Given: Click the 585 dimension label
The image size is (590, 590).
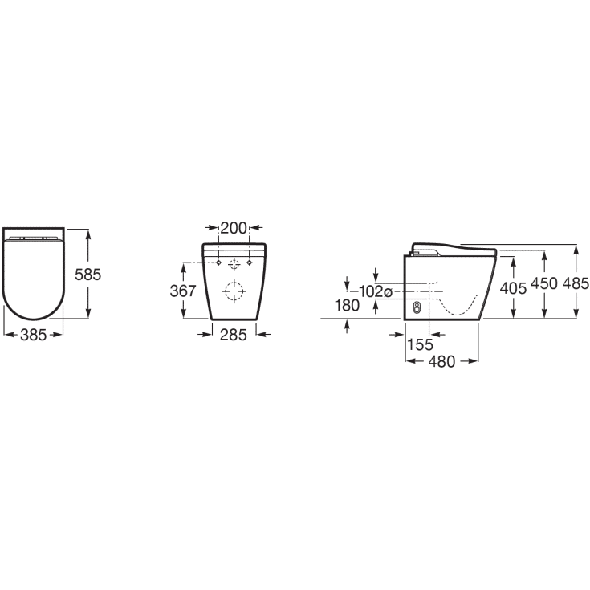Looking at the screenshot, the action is pos(87,275).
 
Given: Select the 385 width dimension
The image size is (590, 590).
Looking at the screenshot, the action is pos(34,335).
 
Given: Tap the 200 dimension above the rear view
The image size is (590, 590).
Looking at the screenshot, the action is pos(234,228).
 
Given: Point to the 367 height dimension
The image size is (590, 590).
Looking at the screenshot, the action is pos(183,291).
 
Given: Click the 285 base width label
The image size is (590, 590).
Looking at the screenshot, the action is pos(234,335).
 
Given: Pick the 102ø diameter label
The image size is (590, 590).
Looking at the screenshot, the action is pos(376,291).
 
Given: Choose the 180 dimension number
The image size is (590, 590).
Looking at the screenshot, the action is pos(347,306).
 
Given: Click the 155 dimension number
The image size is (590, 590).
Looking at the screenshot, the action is pos(421,344).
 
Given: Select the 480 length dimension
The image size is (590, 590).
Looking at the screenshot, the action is pos(441,361).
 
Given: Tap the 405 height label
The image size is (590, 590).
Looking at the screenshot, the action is pos(513,288).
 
